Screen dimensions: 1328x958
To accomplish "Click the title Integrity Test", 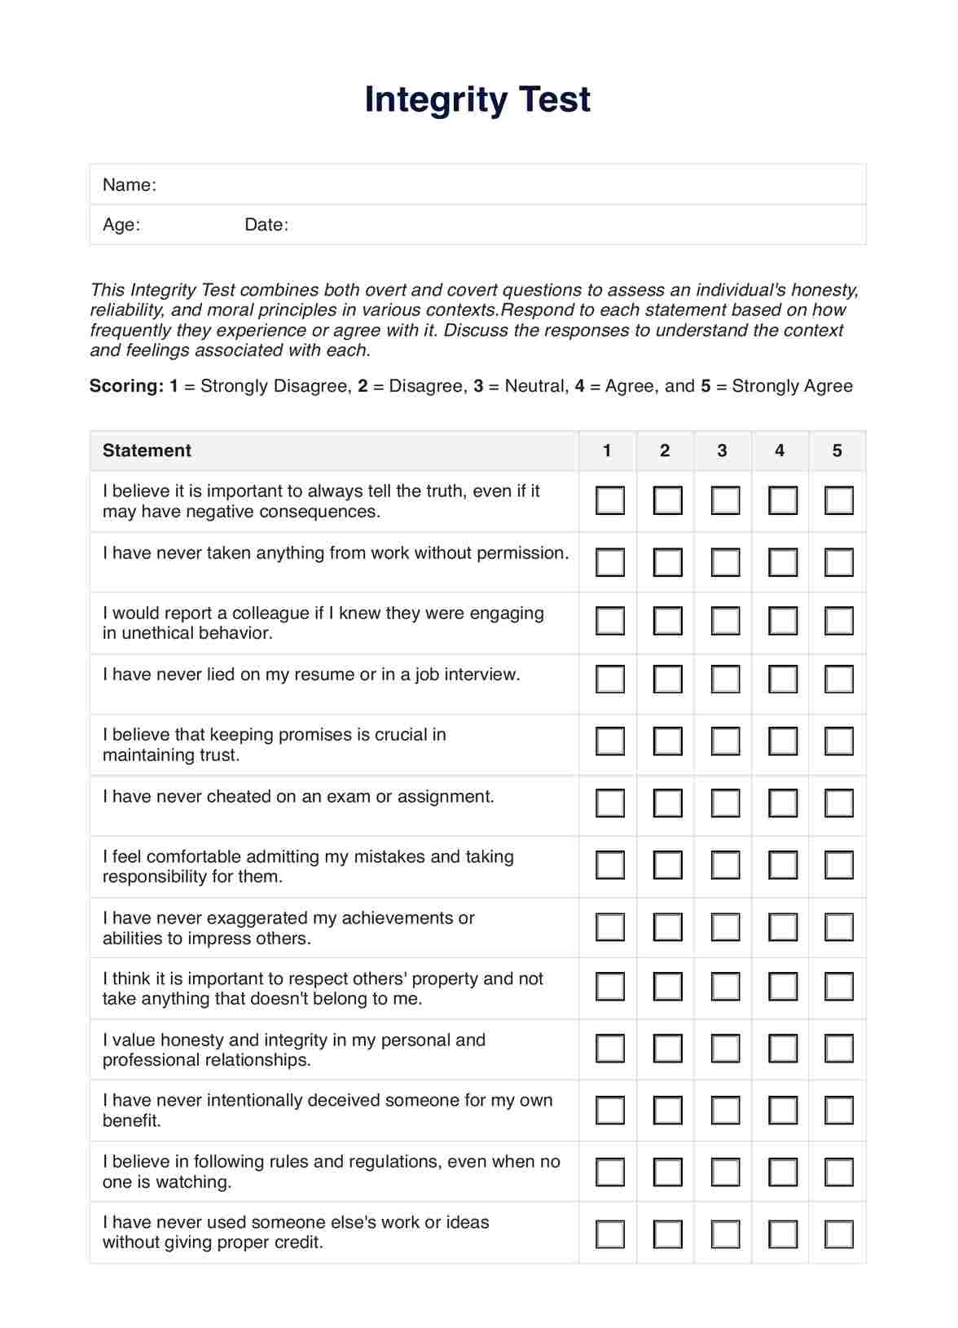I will pyautogui.click(x=477, y=99).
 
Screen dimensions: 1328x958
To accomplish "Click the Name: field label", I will pyautogui.click(x=129, y=185).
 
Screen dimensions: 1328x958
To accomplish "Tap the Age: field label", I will pyautogui.click(x=121, y=225).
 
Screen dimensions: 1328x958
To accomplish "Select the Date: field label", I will pyautogui.click(x=266, y=225).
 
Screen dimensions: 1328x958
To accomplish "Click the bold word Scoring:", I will pyautogui.click(x=126, y=386).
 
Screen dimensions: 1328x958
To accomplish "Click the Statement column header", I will pyautogui.click(x=147, y=451).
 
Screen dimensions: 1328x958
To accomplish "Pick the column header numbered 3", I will pyautogui.click(x=722, y=451).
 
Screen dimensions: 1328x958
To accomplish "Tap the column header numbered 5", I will pyautogui.click(x=837, y=451).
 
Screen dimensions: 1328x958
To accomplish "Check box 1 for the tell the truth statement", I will pyautogui.click(x=609, y=500).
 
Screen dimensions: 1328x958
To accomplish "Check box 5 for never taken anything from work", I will pyautogui.click(x=838, y=562).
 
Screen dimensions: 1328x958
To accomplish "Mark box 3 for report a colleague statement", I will pyautogui.click(x=724, y=621).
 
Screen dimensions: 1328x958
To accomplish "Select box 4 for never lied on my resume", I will pyautogui.click(x=782, y=679).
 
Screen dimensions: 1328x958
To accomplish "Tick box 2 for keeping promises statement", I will pyautogui.click(x=667, y=741).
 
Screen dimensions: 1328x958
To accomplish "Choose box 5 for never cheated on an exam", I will pyautogui.click(x=838, y=803).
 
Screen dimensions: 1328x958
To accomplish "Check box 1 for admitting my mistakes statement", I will pyautogui.click(x=609, y=864).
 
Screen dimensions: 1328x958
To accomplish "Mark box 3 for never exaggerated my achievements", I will pyautogui.click(x=724, y=926).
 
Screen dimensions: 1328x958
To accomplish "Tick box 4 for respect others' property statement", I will pyautogui.click(x=782, y=987).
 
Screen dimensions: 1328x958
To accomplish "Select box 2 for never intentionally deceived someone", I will pyautogui.click(x=667, y=1110).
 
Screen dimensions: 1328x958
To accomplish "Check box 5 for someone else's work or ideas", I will pyautogui.click(x=838, y=1233).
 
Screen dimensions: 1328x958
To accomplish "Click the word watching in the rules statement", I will pyautogui.click(x=199, y=1182).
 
